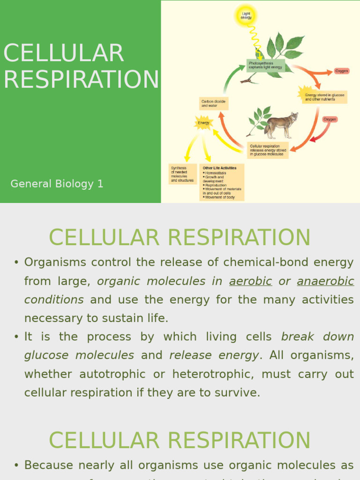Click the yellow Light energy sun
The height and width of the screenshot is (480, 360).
point(246,15)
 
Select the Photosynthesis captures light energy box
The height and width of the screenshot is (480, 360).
point(266,65)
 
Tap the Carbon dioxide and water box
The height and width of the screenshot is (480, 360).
point(214,104)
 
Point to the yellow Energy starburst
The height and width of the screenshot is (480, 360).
point(203,123)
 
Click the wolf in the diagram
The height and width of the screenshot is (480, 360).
point(281,125)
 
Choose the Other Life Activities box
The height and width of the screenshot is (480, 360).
point(223,182)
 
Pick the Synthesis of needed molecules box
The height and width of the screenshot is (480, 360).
point(182,174)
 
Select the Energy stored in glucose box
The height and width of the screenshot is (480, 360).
point(324,97)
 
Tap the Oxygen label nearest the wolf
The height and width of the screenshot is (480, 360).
point(330,120)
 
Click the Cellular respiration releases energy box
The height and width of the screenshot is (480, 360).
point(268,150)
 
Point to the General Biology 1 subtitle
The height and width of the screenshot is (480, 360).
point(57,184)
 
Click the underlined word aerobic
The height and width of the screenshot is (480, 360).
point(250,281)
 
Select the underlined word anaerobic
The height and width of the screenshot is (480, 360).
point(325,281)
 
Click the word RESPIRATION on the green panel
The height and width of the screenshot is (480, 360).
point(81,79)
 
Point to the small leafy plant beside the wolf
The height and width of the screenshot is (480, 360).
point(259,119)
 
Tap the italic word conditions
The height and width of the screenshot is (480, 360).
point(54,300)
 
